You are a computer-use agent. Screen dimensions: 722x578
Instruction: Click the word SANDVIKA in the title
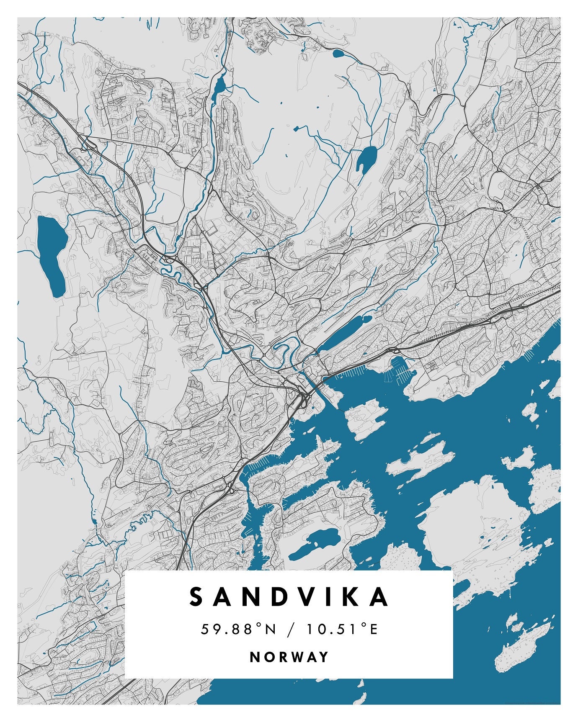point(289,597)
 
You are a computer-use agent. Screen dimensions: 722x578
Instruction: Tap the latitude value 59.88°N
point(238,629)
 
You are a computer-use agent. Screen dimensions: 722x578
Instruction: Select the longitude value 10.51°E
point(342,629)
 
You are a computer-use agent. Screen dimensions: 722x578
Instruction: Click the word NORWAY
point(289,657)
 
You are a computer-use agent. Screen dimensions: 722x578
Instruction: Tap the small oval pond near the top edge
point(338,53)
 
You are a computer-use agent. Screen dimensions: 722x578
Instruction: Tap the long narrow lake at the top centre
point(219,86)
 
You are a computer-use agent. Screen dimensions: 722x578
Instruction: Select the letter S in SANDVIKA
point(196,597)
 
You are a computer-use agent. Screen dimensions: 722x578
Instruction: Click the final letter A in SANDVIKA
point(380,597)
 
